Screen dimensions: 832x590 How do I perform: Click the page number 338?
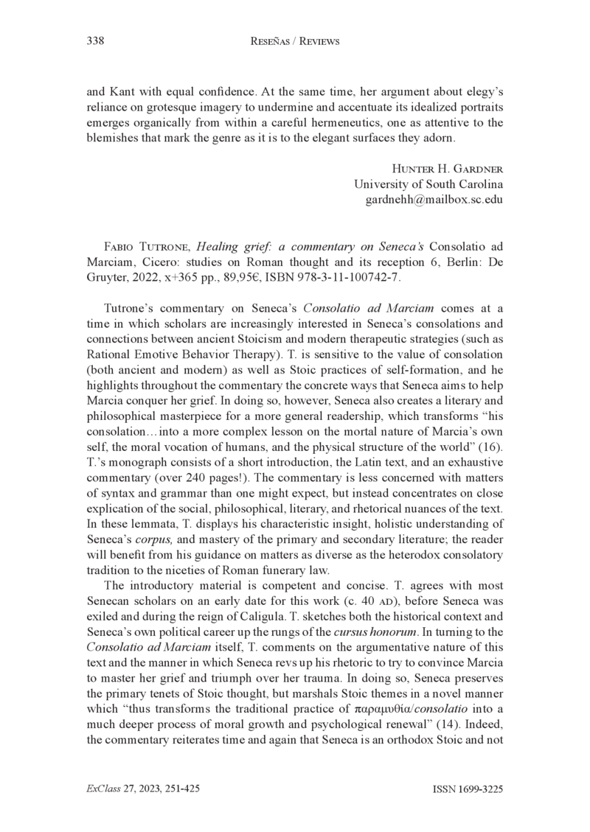[94, 42]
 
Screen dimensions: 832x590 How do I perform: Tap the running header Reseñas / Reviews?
[295, 42]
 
